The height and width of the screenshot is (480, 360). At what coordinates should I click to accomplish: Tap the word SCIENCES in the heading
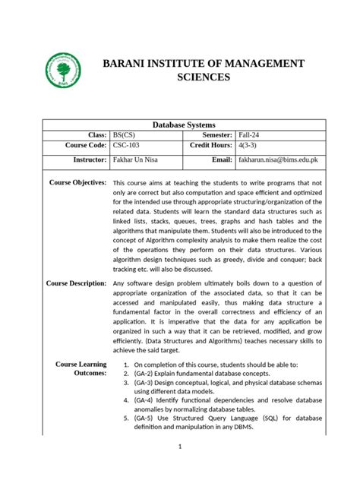[x=203, y=77]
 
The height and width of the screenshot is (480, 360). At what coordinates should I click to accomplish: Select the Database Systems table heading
[x=185, y=125]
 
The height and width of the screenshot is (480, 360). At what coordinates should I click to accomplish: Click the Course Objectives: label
[x=77, y=183]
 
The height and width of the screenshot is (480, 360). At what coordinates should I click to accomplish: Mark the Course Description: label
[x=76, y=283]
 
